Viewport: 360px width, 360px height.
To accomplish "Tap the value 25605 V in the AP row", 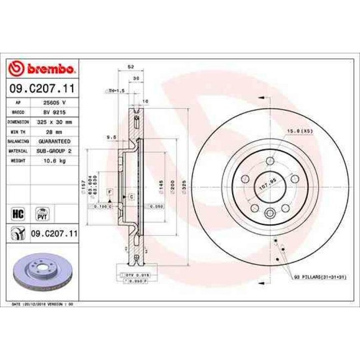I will pos(55,103).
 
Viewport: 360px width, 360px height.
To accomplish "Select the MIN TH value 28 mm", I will pos(55,131).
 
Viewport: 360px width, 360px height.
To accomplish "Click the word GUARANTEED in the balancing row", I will pos(55,141).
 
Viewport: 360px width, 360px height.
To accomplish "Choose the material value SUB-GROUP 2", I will pos(55,150).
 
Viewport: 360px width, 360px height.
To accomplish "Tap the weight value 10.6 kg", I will pos(55,160).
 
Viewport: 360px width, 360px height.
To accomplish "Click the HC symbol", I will pos(17,212).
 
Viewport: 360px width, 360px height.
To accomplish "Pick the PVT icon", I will pos(42,213).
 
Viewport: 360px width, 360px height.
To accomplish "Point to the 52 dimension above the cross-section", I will pos(131,66).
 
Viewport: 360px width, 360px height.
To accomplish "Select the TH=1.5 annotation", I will pos(116,90).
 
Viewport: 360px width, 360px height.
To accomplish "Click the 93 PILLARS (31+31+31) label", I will pos(321,276).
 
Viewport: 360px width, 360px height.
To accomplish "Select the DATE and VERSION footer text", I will pos(43,304).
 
